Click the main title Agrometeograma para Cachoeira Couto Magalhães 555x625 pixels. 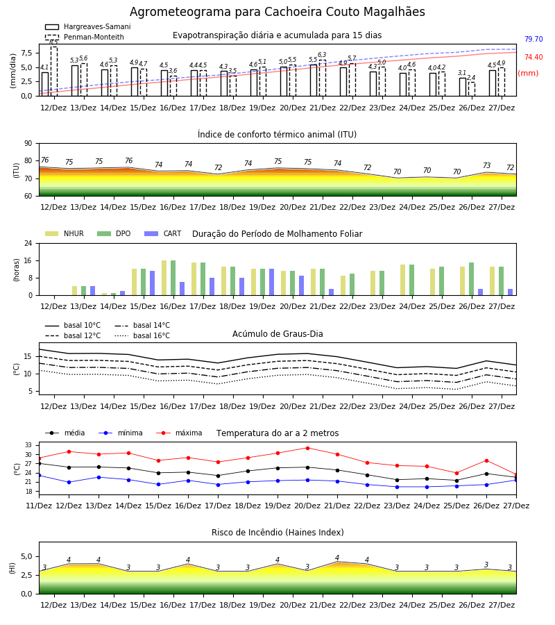pos(277,12)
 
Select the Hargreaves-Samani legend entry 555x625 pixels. pos(87,26)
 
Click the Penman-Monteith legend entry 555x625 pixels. pos(85,37)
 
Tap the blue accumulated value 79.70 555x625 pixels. pos(533,39)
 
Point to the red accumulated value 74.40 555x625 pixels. pos(533,57)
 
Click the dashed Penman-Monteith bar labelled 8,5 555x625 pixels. pos(53,72)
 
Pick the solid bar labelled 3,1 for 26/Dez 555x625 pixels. pos(463,87)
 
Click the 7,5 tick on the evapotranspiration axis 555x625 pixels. pos(26,53)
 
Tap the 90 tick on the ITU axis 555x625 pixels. pos(28,144)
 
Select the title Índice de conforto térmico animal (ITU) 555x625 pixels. pos(277,134)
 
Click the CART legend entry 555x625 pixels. pos(162,233)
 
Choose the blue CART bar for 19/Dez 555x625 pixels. pos(271,282)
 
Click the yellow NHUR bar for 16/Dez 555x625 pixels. pos(164,278)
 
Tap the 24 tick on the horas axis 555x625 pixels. pos(28,243)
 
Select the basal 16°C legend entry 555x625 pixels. pos(142,335)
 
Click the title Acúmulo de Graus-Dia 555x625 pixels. pos(277,333)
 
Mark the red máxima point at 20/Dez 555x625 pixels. pos(307,448)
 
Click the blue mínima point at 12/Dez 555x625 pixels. pos(69,483)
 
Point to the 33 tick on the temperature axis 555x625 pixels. pos(28,445)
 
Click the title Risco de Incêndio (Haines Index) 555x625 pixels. pos(277,533)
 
